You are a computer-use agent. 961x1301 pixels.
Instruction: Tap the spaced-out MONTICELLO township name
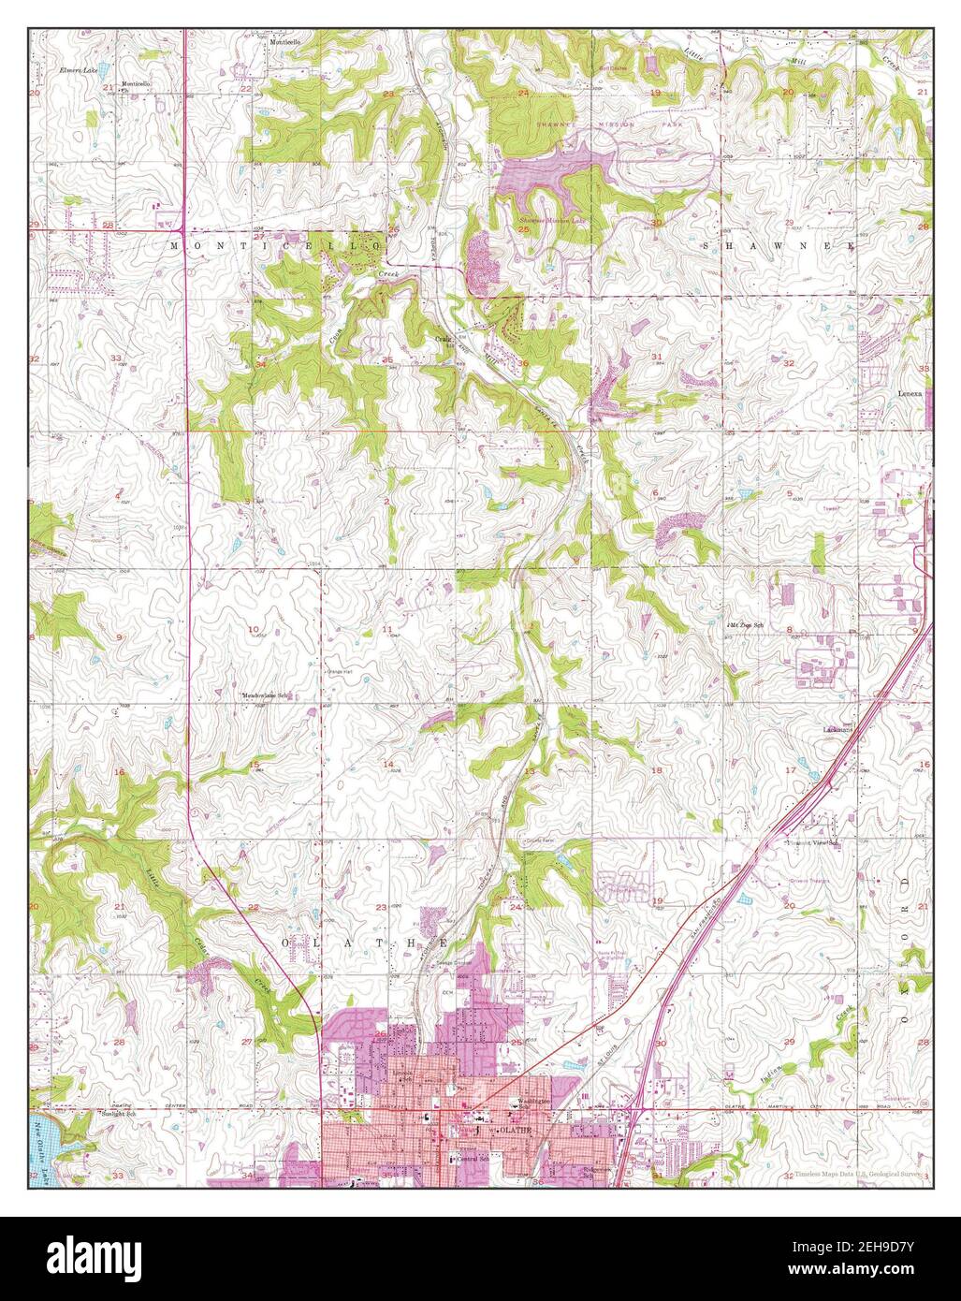[x=277, y=244]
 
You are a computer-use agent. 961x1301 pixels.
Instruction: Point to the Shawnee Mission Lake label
[x=550, y=220]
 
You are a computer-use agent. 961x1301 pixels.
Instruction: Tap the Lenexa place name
[x=911, y=394]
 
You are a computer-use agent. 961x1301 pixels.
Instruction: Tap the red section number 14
[x=387, y=764]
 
